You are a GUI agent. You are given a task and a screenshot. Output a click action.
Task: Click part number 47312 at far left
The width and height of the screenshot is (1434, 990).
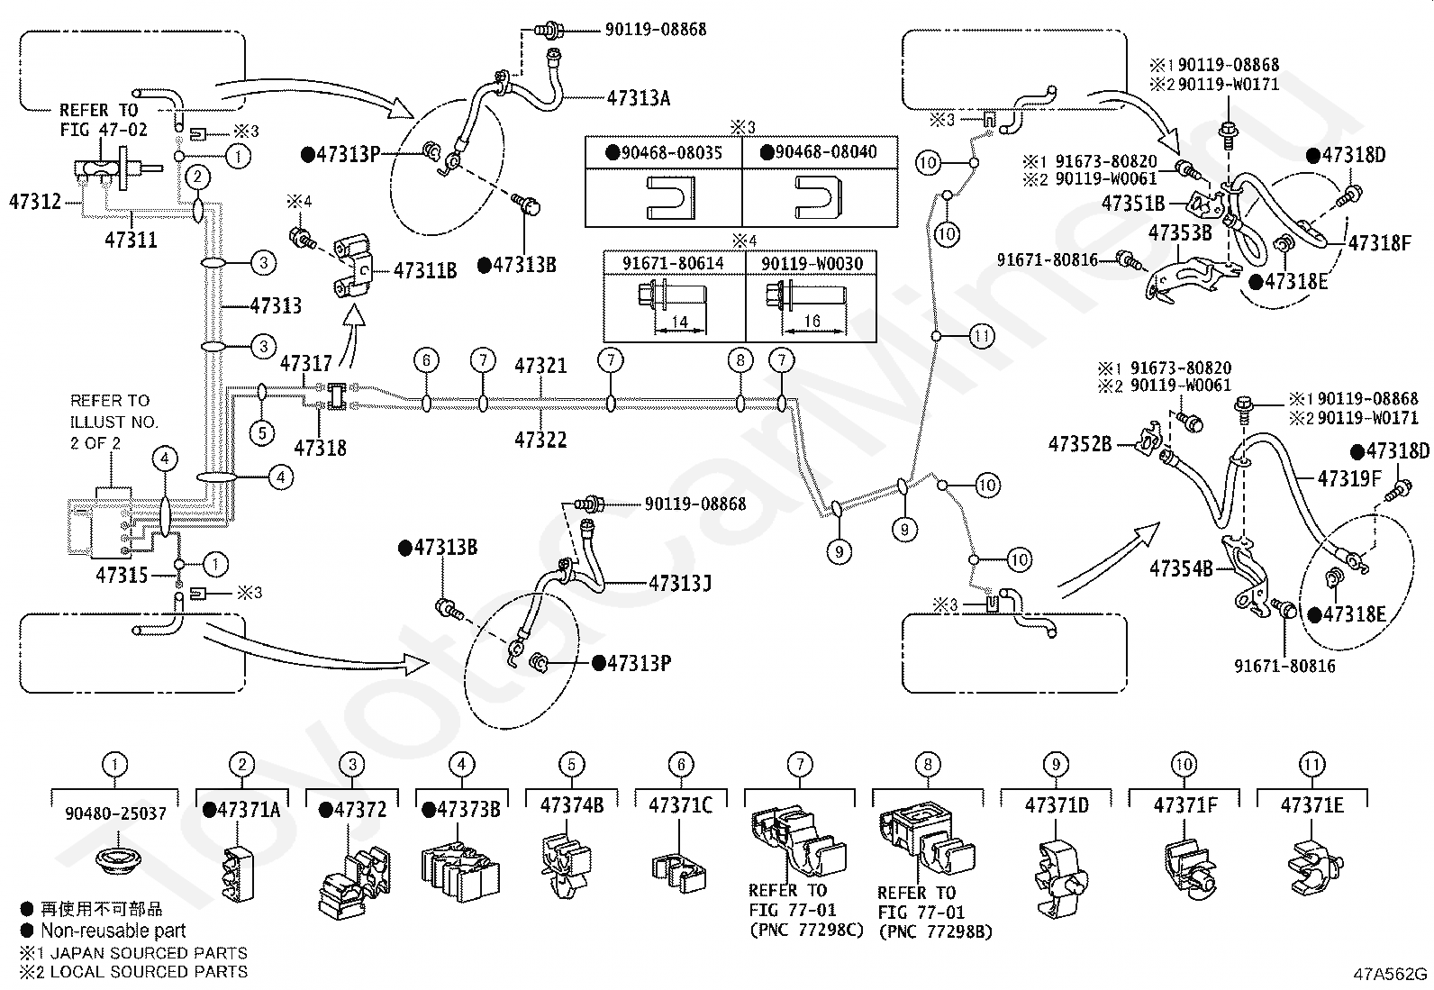click(34, 203)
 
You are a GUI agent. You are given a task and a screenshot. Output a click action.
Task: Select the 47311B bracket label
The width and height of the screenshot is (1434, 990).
click(425, 271)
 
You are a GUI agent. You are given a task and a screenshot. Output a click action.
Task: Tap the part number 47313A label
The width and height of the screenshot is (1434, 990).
click(639, 98)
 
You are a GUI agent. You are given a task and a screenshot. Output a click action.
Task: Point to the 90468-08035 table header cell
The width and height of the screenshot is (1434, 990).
click(664, 152)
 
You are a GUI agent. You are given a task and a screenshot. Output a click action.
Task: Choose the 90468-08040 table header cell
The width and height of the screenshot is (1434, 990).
click(819, 152)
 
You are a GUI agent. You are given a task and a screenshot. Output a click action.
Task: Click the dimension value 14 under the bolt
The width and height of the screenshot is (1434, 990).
click(680, 322)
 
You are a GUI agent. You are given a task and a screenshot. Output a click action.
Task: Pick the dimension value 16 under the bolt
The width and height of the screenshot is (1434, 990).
click(812, 321)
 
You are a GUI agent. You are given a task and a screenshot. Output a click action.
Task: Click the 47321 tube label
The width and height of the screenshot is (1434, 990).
click(541, 366)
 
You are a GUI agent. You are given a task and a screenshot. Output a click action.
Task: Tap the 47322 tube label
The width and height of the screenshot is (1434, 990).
click(541, 440)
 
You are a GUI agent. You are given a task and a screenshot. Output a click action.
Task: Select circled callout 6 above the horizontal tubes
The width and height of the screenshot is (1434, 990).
click(426, 360)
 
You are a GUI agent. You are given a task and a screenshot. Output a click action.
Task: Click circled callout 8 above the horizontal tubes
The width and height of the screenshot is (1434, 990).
click(740, 360)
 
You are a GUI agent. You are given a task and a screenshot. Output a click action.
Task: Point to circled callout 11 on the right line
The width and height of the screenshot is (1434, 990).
click(982, 335)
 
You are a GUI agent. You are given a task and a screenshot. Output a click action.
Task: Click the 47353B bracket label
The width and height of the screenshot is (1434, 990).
click(1180, 233)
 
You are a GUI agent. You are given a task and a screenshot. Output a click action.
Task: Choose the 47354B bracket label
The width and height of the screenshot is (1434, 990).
click(1181, 568)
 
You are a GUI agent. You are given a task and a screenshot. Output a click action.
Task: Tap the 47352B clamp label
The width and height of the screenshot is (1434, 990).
click(1080, 444)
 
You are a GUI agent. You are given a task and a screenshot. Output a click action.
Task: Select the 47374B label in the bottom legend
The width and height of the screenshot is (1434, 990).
click(572, 805)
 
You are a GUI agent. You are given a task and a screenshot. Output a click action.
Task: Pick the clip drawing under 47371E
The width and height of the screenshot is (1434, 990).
click(1315, 867)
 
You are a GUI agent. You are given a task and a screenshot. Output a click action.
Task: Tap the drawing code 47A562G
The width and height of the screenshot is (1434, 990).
click(1390, 974)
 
